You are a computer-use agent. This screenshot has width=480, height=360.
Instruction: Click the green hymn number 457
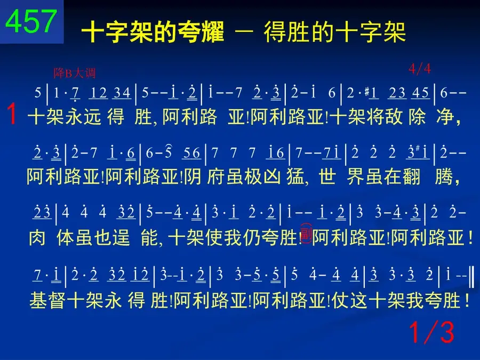click(x=31, y=21)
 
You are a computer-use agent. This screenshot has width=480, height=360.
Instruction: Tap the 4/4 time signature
click(x=420, y=69)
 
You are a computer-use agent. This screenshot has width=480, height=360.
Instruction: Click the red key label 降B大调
click(x=75, y=73)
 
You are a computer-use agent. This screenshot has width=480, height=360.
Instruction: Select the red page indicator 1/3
click(x=431, y=332)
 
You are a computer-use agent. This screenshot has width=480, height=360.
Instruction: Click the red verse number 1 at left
click(x=12, y=114)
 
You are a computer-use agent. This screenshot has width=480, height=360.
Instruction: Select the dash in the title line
click(x=244, y=32)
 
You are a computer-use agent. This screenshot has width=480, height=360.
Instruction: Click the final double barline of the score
click(x=472, y=277)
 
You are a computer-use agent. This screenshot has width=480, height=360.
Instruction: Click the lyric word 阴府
click(x=202, y=177)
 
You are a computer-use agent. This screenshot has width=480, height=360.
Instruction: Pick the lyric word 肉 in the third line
click(x=37, y=237)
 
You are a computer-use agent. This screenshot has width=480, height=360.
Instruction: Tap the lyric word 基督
click(x=47, y=300)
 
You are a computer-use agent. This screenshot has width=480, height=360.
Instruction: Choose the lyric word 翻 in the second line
click(x=411, y=177)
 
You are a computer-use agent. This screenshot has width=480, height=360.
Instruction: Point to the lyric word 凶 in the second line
click(x=272, y=177)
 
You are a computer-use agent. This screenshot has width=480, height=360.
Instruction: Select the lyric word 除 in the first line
click(x=417, y=117)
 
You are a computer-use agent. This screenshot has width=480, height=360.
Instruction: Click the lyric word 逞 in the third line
click(x=121, y=237)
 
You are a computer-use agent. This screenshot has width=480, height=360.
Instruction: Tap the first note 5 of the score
click(x=38, y=92)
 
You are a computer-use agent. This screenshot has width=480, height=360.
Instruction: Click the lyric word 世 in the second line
click(x=327, y=177)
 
